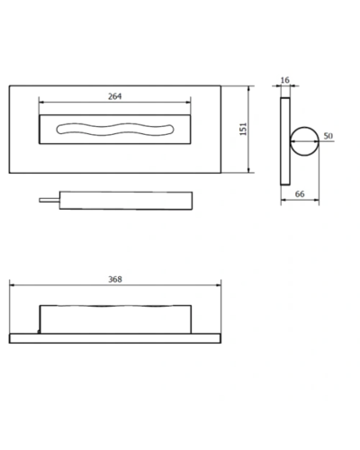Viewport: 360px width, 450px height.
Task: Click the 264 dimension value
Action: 115,96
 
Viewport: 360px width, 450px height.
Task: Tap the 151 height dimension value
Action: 243,129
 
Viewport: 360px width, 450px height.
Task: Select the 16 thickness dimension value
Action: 285,80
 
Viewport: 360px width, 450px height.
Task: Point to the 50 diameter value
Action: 328,136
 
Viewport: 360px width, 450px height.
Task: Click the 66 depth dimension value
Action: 300,194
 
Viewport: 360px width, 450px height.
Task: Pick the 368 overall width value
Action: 115,279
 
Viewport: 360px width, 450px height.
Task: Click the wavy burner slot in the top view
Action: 115,129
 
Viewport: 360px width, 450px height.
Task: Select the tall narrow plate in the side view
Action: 285,141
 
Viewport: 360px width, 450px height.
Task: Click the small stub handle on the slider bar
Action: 49,200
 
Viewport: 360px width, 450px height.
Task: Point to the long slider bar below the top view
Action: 126,201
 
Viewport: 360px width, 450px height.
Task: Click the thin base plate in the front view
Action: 115,338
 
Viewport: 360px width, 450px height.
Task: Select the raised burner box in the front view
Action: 115,319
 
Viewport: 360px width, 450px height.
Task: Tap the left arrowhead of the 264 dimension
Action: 41,102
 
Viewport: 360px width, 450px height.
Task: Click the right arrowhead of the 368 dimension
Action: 219,285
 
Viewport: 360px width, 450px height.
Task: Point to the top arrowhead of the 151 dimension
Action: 248,88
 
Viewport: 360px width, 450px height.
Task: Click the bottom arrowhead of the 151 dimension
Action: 248,170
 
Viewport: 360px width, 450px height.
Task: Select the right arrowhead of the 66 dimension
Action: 317,200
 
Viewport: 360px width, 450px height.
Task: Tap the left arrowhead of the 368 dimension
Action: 12,285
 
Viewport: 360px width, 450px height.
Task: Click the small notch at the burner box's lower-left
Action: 39,331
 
